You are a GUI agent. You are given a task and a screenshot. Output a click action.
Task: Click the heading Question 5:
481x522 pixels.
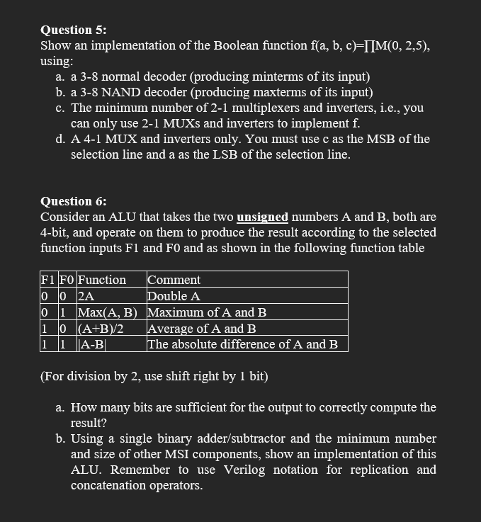[74, 30]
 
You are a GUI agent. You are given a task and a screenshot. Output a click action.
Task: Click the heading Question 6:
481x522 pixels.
[74, 201]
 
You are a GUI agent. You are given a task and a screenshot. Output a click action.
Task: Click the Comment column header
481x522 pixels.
[174, 280]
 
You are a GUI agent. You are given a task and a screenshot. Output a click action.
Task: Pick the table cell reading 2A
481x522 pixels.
[86, 296]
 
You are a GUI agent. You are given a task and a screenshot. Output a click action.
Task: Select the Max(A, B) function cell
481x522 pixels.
[107, 312]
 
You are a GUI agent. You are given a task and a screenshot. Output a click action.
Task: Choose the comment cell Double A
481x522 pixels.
[174, 296]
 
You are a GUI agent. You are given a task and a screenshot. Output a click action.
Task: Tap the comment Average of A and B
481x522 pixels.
[201, 329]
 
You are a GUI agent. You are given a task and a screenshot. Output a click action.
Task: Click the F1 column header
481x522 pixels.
[48, 280]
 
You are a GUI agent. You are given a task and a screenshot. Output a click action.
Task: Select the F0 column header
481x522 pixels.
[66, 280]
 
